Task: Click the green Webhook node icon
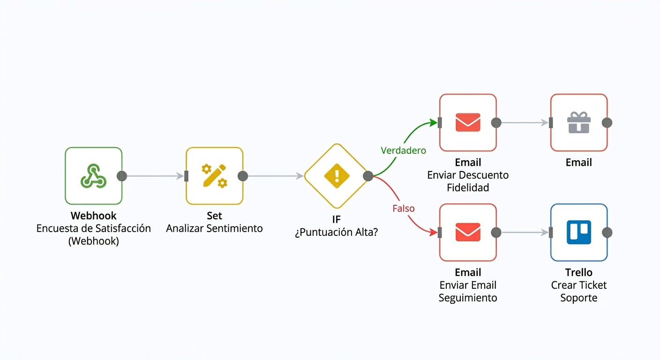[93, 176]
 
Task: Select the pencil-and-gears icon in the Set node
[214, 176]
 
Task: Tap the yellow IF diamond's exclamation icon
[337, 176]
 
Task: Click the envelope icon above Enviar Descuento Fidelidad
[468, 122]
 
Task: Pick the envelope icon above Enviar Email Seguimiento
[468, 232]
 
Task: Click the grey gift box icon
[579, 122]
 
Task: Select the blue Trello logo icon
[579, 232]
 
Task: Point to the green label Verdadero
[403, 150]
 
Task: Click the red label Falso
[404, 209]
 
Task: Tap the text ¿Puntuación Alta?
[337, 232]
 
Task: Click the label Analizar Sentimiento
[214, 228]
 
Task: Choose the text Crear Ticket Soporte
[579, 292]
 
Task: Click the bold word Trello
[579, 272]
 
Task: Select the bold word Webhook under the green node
[93, 216]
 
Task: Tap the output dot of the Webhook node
[122, 176]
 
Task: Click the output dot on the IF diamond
[368, 176]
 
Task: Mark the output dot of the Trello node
[607, 232]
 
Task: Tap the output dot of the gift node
[607, 122]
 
